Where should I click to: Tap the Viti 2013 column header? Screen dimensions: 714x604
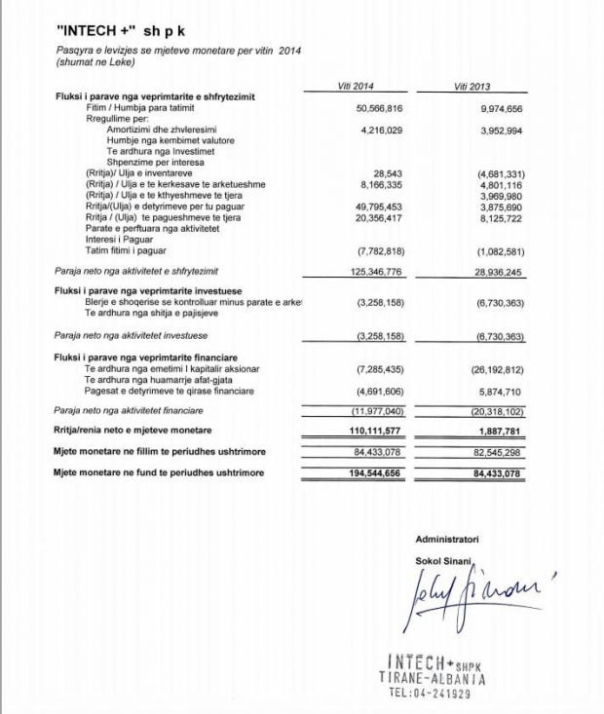[472, 87]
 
